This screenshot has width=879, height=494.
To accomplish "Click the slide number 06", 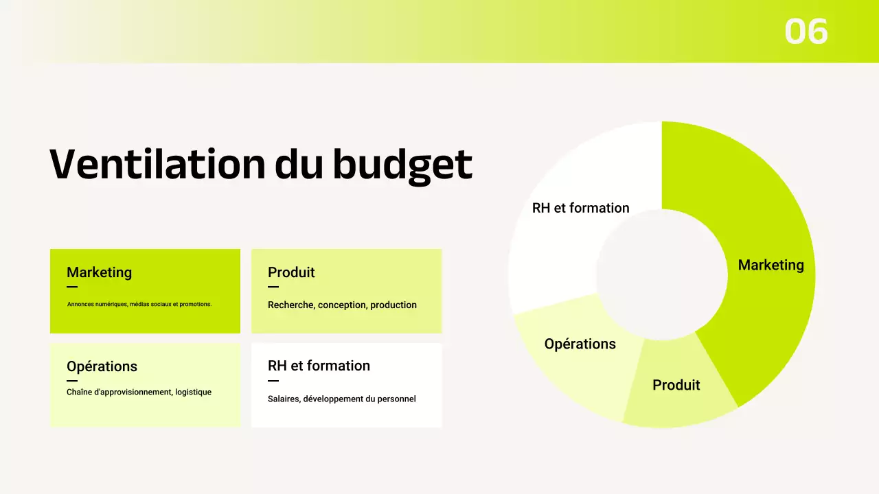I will [806, 32].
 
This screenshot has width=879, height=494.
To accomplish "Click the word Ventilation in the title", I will [157, 164].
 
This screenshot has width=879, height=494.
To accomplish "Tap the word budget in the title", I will [402, 165].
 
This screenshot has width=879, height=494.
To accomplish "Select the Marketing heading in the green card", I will [99, 272].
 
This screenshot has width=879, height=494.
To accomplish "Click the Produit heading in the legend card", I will [291, 272].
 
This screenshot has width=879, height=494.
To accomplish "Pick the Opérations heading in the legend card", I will [102, 366].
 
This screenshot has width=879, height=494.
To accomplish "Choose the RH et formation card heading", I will [319, 366].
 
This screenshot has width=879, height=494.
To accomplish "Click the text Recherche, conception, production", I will [342, 305].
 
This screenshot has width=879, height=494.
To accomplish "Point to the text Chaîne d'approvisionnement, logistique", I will [139, 392].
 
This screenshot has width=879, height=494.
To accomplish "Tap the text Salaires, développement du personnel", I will [341, 399].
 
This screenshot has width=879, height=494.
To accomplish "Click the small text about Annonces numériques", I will [139, 304].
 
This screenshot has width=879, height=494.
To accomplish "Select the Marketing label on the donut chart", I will [770, 265].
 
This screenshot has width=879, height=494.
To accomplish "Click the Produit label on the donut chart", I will [676, 385].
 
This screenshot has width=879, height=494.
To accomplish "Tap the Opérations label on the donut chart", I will [580, 344].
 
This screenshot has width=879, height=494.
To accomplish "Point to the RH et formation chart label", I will [580, 208].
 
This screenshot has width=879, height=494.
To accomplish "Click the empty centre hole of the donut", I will [661, 274].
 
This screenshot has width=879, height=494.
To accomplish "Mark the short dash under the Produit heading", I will [273, 287].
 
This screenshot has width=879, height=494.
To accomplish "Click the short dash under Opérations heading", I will [72, 381].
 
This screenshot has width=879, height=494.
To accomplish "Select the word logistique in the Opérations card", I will [193, 392].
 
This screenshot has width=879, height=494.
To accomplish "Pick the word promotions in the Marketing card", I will [195, 304].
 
